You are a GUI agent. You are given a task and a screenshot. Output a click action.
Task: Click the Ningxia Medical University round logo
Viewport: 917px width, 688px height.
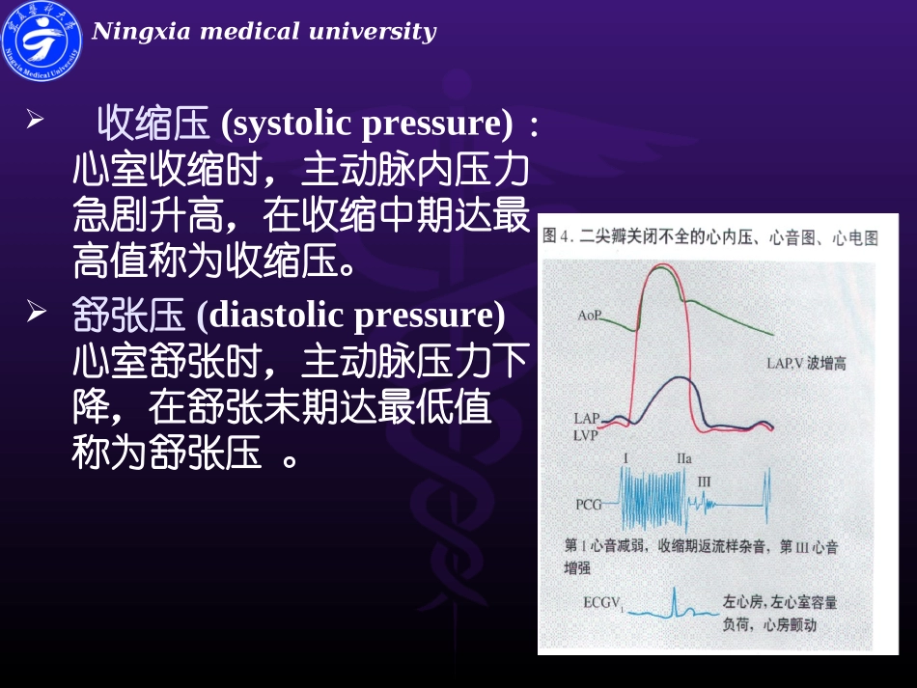(42, 41)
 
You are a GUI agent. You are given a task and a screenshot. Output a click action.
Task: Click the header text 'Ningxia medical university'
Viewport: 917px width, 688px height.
(264, 32)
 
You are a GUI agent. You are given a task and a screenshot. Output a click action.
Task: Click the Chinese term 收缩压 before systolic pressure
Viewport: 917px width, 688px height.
(153, 124)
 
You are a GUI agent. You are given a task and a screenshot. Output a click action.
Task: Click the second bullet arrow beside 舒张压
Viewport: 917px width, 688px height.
(35, 311)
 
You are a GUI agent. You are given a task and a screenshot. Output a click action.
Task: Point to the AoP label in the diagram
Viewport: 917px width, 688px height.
(591, 316)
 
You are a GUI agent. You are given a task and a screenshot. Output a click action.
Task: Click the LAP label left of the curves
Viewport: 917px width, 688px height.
(586, 419)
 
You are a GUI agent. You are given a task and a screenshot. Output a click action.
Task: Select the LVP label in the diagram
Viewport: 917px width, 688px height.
(586, 435)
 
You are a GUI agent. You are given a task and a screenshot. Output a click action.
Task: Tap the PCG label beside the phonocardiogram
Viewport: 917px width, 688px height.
(589, 504)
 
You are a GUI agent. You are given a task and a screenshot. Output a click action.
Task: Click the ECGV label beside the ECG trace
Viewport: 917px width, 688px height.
(603, 603)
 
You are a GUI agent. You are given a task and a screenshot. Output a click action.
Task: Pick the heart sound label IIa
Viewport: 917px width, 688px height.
(683, 459)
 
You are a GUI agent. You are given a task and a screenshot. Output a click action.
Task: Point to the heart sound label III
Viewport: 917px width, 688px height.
(704, 481)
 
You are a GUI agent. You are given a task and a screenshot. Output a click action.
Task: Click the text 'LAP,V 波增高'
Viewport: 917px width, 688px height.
(806, 364)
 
